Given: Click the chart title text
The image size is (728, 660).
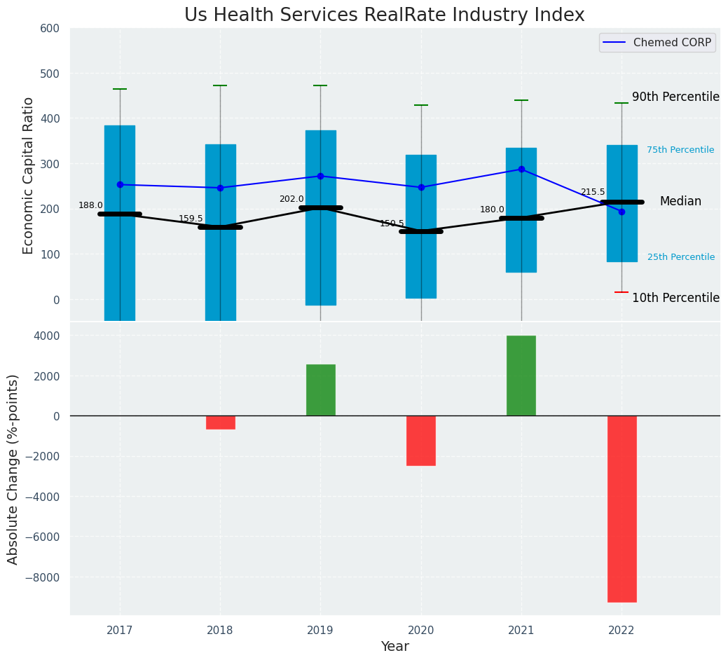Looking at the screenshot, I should tap(384, 15).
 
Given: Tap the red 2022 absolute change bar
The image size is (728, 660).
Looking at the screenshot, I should tap(621, 509).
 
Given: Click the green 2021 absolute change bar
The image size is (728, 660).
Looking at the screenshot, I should tap(521, 376).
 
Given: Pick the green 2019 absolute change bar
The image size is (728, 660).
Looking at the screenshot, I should tap(321, 390).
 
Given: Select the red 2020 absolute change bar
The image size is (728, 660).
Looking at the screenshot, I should tap(421, 441).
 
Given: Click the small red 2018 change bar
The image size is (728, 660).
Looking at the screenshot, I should tap(220, 422).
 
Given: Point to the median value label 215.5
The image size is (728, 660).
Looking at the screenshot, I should tap(592, 192).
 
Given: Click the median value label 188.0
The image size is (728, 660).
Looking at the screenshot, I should tap(90, 205).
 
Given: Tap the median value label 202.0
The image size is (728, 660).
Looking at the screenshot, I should tap(291, 199).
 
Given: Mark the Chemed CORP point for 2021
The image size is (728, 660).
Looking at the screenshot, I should tap(521, 169).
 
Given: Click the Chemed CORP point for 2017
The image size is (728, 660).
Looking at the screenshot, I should tap(120, 184).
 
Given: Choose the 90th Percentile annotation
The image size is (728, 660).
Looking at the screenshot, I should tap(675, 97).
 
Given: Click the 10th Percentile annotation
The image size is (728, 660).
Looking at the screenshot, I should tap(675, 298).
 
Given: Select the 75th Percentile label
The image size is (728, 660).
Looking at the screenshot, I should tap(680, 150).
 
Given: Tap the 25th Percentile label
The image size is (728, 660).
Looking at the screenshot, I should tap(681, 257).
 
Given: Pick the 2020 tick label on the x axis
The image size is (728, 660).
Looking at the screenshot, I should tap(421, 631).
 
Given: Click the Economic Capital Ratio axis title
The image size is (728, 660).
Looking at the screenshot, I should tap(29, 176).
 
